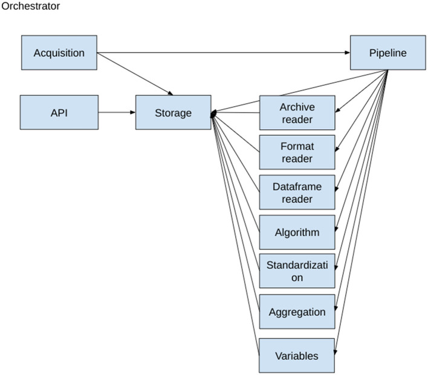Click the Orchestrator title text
31,6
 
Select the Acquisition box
59,53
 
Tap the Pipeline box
388,53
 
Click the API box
59,112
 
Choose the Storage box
173,112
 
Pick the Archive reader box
297,113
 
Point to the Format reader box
297,152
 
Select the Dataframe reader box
297,192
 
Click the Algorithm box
297,232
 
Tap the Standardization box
297,271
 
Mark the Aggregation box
297,312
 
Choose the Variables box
297,355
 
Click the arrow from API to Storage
117,112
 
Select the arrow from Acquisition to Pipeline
224,53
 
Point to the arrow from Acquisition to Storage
135,74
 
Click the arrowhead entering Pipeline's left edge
348,53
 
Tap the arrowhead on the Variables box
336,352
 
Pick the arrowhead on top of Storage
170,94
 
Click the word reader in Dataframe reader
297,199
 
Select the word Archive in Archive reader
297,107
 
